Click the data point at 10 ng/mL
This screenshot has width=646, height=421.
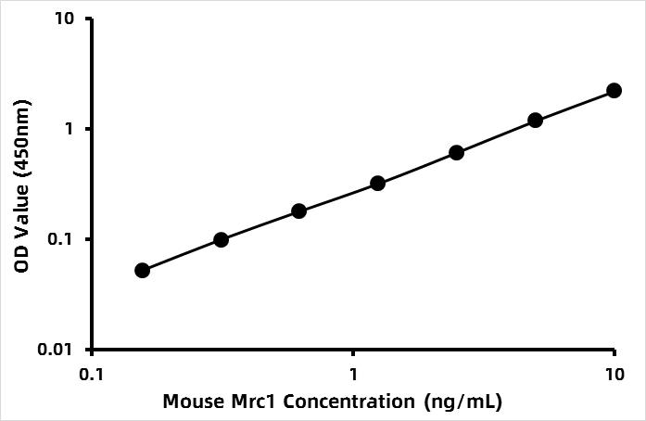coord(614,90)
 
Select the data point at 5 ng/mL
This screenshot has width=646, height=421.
coord(535,121)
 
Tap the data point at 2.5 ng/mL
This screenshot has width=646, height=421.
coord(456,152)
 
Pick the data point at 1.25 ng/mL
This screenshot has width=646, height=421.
coord(377,184)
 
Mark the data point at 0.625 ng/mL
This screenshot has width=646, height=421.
coord(298,210)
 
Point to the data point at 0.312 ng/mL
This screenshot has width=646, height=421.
coord(221,239)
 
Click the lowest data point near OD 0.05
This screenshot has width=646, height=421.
coord(142,270)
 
